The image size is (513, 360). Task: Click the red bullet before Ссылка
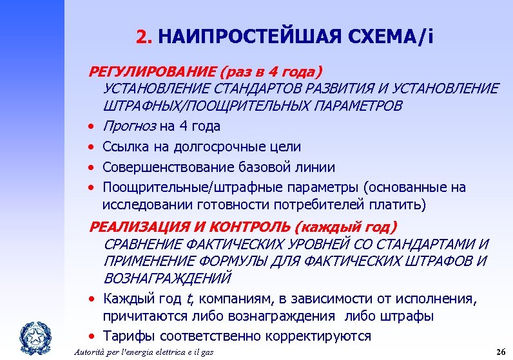tap(93, 147)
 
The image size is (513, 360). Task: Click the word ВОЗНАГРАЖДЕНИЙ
tap(167, 279)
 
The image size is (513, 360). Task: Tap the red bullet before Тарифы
tap(93, 337)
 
